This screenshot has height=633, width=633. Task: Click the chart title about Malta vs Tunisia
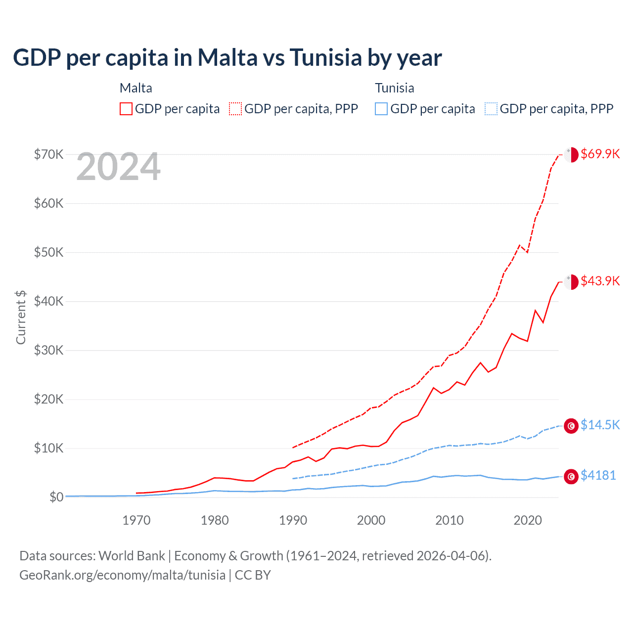pos(227,58)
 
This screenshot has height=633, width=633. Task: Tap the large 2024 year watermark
pos(118,167)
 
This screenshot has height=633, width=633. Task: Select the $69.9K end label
pos(600,154)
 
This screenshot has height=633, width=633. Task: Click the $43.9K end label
pos(600,281)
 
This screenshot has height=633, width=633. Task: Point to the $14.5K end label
pos(600,425)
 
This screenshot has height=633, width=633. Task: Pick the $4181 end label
pos(598,475)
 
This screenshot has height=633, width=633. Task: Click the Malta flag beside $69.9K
pos(571,154)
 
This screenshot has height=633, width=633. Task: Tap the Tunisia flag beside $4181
pos(571,476)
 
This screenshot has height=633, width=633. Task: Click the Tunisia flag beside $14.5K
pos(571,426)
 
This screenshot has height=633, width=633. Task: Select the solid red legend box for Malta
pos(126,109)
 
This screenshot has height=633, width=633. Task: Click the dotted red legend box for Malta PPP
pos(235,109)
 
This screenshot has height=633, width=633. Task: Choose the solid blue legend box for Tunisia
pos(381,109)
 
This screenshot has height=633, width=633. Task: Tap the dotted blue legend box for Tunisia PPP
pos(491,109)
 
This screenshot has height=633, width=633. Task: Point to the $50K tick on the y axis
pos(48,252)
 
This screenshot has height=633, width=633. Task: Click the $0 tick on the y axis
pos(56,497)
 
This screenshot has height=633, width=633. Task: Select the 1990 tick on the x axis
pos(293,520)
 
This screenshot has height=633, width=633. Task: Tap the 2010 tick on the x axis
pos(450,520)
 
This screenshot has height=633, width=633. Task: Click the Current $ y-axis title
pos(21,317)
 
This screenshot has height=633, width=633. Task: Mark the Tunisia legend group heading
pos(394,88)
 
